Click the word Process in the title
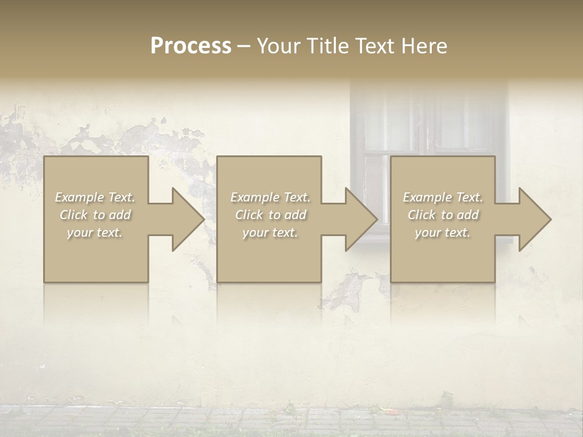(191, 46)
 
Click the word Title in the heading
(327, 46)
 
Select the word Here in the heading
(423, 46)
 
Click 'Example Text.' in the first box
(95, 197)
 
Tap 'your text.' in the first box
(95, 232)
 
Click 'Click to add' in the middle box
(270, 215)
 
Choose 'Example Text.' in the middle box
(270, 197)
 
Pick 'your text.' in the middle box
(270, 232)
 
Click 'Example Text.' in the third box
(443, 197)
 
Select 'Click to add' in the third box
(443, 215)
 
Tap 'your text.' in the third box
(443, 232)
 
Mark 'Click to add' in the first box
(95, 215)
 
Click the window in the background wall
(428, 127)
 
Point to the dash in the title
(244, 46)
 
